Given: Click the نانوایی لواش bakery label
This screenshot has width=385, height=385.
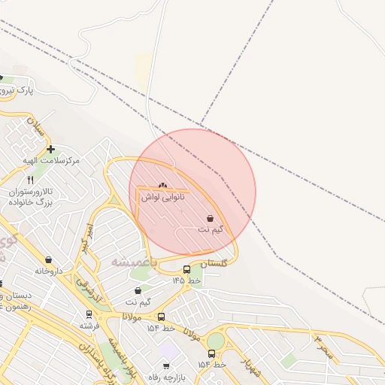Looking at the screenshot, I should coord(163,196).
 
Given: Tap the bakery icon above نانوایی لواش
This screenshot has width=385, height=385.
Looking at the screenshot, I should coord(163,185).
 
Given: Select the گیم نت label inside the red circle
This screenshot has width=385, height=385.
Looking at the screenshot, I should coord(210,229).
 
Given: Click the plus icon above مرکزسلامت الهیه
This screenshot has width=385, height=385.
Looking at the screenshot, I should coord(50,150).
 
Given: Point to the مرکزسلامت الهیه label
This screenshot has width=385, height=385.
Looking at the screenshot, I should coord(51,161).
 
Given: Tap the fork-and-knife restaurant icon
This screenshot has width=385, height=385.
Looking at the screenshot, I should coord(31,180).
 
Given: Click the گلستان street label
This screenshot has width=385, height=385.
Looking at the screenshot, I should coord(215,263).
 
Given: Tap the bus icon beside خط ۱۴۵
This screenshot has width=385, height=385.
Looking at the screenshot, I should coord(186,269).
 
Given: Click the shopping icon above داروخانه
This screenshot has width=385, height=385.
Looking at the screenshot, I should coord(49,259).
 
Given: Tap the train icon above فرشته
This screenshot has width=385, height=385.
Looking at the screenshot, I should coord(88,315).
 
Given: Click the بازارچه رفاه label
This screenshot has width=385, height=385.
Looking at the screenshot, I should coord(165,377).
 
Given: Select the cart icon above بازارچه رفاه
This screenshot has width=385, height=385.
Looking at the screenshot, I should coord(165,366).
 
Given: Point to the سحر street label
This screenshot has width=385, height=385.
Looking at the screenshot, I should coord(323,347).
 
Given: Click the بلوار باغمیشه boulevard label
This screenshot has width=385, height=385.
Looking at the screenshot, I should coord(120,353).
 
